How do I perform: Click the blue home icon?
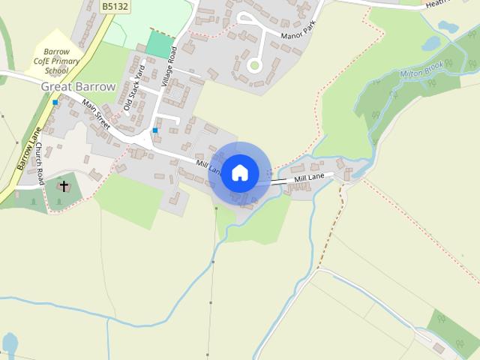[239, 173]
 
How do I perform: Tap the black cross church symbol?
[64, 186]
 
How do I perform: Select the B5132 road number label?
[114, 6]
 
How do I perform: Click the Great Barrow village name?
[78, 87]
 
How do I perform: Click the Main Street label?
[97, 115]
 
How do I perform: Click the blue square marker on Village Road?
[155, 130]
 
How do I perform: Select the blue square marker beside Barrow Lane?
[55, 102]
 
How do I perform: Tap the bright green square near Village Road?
[159, 43]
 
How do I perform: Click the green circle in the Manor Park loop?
[254, 66]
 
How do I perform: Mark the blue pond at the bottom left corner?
[9, 344]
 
